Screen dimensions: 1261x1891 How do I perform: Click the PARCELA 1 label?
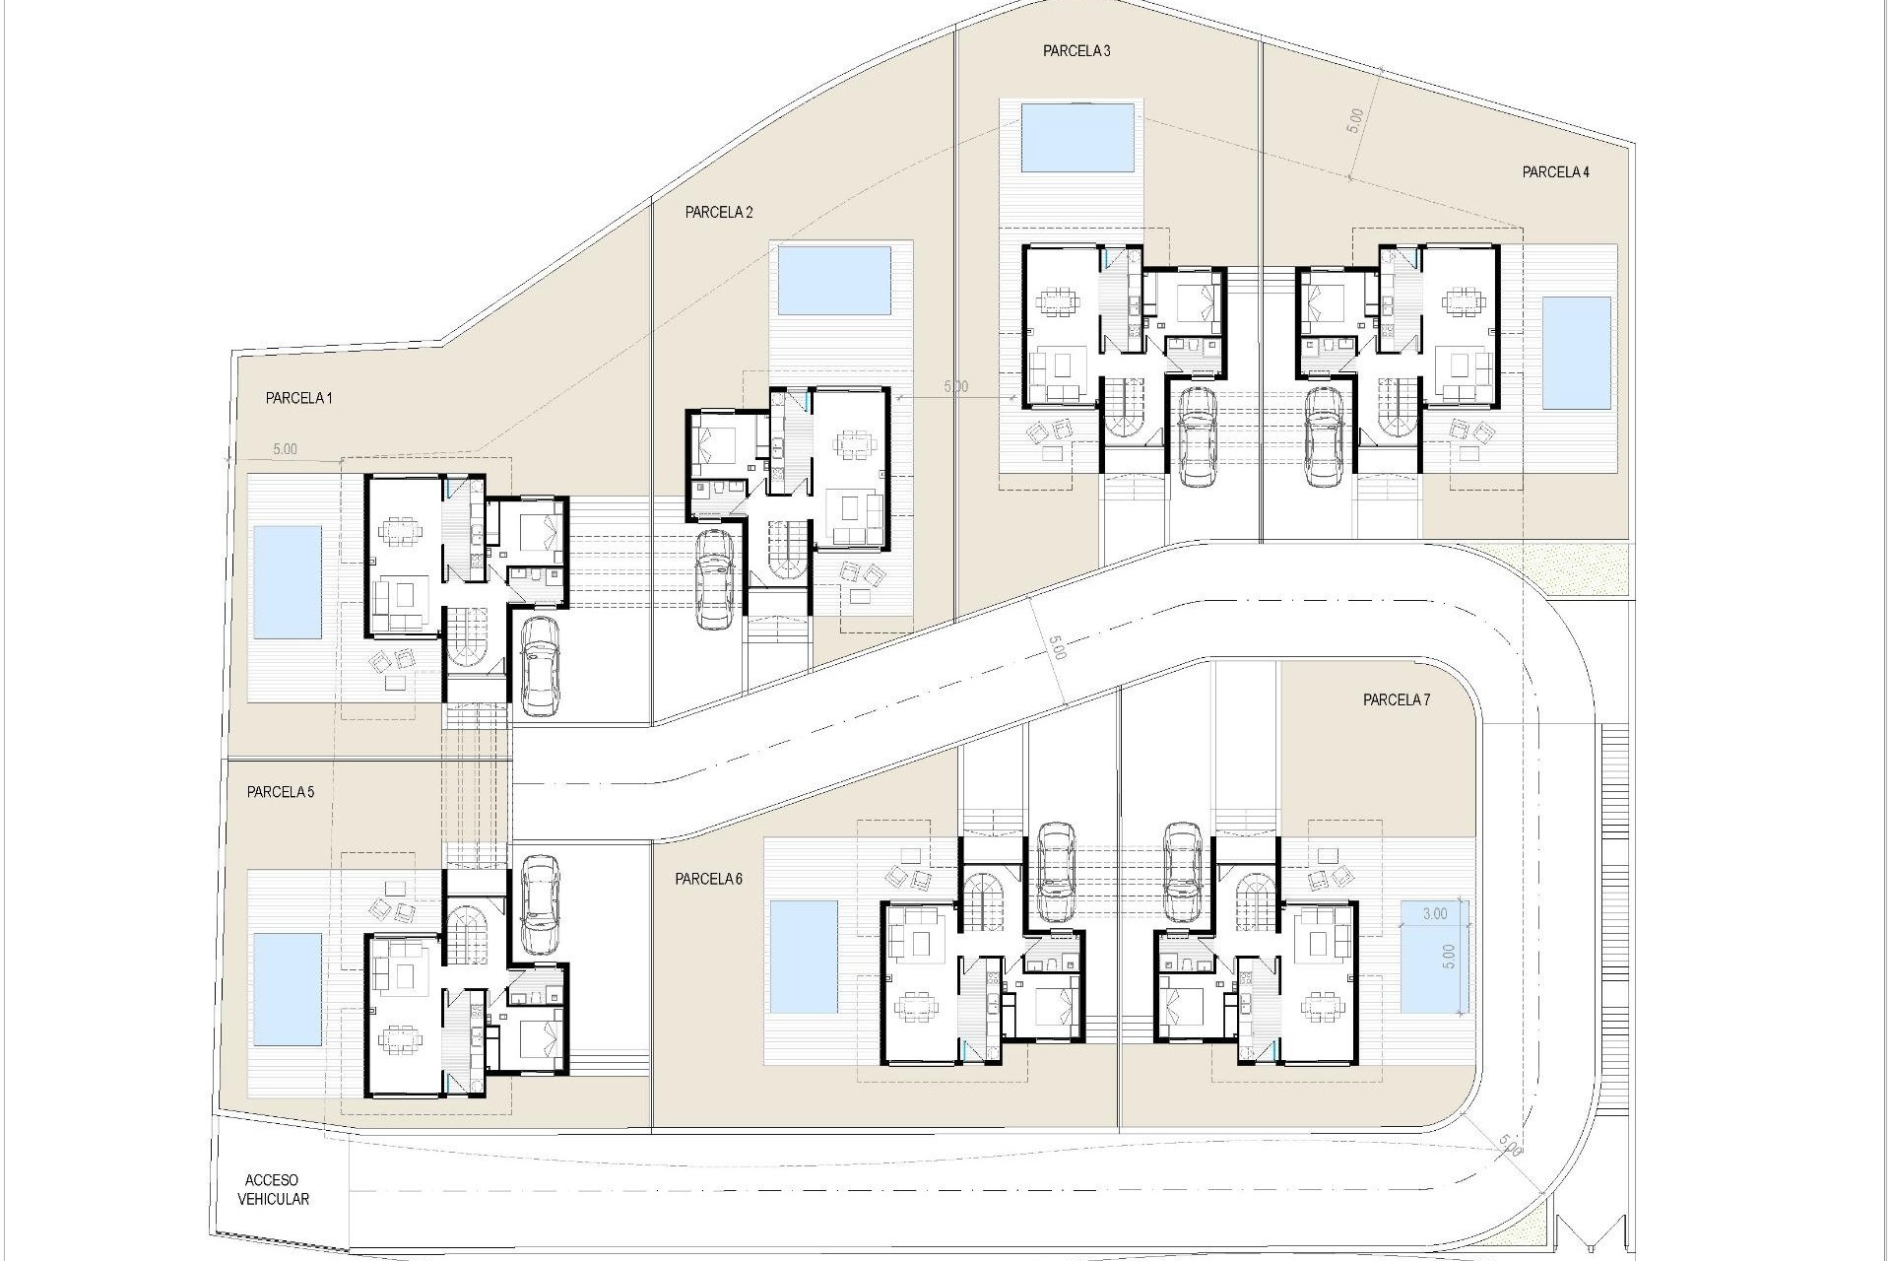point(299,399)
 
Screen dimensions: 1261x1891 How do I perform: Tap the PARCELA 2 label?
point(719,212)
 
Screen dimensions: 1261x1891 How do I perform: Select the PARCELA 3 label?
point(1076,51)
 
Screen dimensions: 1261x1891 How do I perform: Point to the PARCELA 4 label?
point(1556,172)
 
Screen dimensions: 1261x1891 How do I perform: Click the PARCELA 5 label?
point(281,792)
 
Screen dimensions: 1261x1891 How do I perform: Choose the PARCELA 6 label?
point(708,880)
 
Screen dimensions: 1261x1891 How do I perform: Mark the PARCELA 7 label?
point(1397,700)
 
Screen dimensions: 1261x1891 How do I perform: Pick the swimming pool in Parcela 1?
point(288,581)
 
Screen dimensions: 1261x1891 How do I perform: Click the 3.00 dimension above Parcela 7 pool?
point(1435,913)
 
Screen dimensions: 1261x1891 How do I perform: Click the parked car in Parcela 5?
point(539,903)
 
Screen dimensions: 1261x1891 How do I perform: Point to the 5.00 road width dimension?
point(1057,650)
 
